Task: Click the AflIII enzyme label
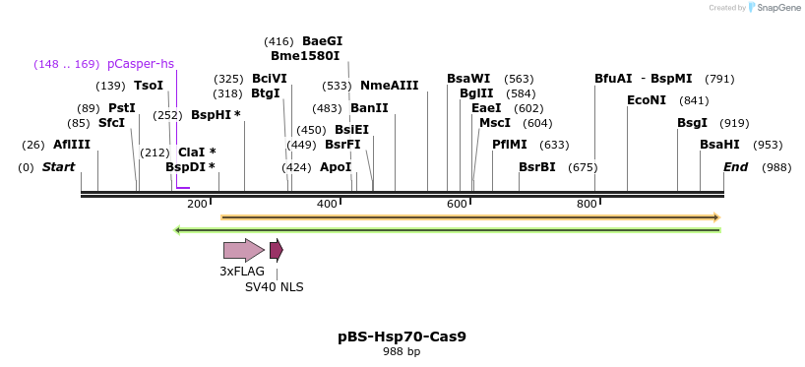[72, 145]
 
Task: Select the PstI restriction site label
[122, 108]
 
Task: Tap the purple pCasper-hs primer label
[140, 64]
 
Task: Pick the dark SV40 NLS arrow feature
[277, 250]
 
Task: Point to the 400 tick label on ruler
[327, 204]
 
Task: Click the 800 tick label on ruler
[587, 204]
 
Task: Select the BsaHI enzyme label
[719, 145]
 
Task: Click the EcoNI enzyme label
[647, 100]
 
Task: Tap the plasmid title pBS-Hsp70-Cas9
[402, 336]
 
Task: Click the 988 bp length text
[402, 352]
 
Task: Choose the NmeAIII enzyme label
[389, 86]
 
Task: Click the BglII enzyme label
[476, 93]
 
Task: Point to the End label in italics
[736, 167]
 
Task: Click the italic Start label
[58, 167]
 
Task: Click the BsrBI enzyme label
[537, 167]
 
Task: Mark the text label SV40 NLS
[275, 287]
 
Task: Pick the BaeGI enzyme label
[322, 41]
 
